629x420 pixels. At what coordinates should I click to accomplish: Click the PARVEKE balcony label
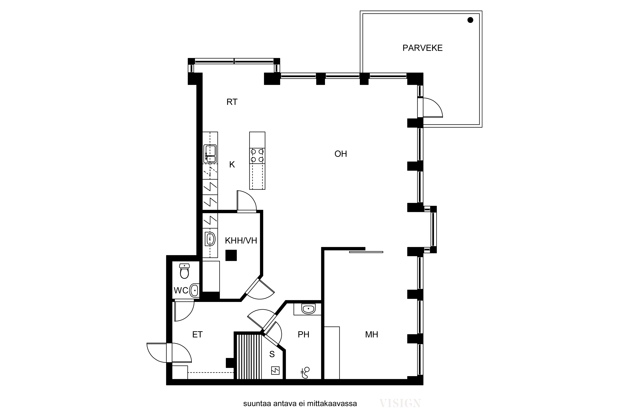422,48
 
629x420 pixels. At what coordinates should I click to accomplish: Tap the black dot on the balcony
470,20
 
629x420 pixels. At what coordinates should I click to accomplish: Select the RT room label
232,102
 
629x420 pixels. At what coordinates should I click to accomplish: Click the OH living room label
341,154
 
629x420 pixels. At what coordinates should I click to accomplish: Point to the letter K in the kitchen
232,164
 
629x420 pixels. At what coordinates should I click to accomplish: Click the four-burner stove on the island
257,156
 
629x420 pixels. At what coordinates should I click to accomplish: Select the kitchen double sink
210,154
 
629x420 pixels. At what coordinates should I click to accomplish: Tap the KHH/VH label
241,241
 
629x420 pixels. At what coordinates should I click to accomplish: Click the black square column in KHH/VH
231,255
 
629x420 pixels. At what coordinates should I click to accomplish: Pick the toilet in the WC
184,271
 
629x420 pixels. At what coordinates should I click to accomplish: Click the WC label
181,290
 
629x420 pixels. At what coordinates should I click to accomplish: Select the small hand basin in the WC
194,290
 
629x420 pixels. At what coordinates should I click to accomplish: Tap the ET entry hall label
197,335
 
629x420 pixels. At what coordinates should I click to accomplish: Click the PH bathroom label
304,335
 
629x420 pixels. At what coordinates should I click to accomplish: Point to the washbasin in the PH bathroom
308,308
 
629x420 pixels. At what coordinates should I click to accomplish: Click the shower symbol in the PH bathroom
305,373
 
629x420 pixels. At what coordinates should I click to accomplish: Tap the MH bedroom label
372,335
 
